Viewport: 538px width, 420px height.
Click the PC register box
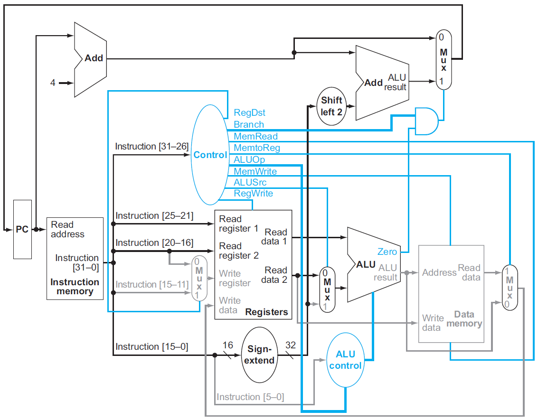click(x=22, y=229)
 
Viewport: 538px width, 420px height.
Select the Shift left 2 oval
click(x=331, y=106)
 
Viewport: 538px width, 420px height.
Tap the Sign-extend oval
click(x=261, y=355)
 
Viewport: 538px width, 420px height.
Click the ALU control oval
click(x=345, y=360)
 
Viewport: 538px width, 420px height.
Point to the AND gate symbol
click(x=426, y=121)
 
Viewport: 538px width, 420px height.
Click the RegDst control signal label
click(x=249, y=113)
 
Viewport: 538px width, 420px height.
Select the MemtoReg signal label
click(x=256, y=148)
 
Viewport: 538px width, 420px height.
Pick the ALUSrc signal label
click(x=250, y=182)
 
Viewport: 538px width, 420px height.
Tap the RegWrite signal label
click(x=253, y=194)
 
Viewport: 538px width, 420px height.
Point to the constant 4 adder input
click(x=53, y=83)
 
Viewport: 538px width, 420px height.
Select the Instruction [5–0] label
click(x=250, y=397)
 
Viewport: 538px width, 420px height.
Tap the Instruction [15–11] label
click(x=152, y=284)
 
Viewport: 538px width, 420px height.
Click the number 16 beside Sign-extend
click(x=227, y=345)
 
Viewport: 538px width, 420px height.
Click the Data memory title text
click(x=464, y=319)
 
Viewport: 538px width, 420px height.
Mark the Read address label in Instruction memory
click(x=67, y=229)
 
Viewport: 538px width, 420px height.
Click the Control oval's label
click(x=210, y=155)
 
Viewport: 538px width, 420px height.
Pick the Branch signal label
click(x=248, y=125)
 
